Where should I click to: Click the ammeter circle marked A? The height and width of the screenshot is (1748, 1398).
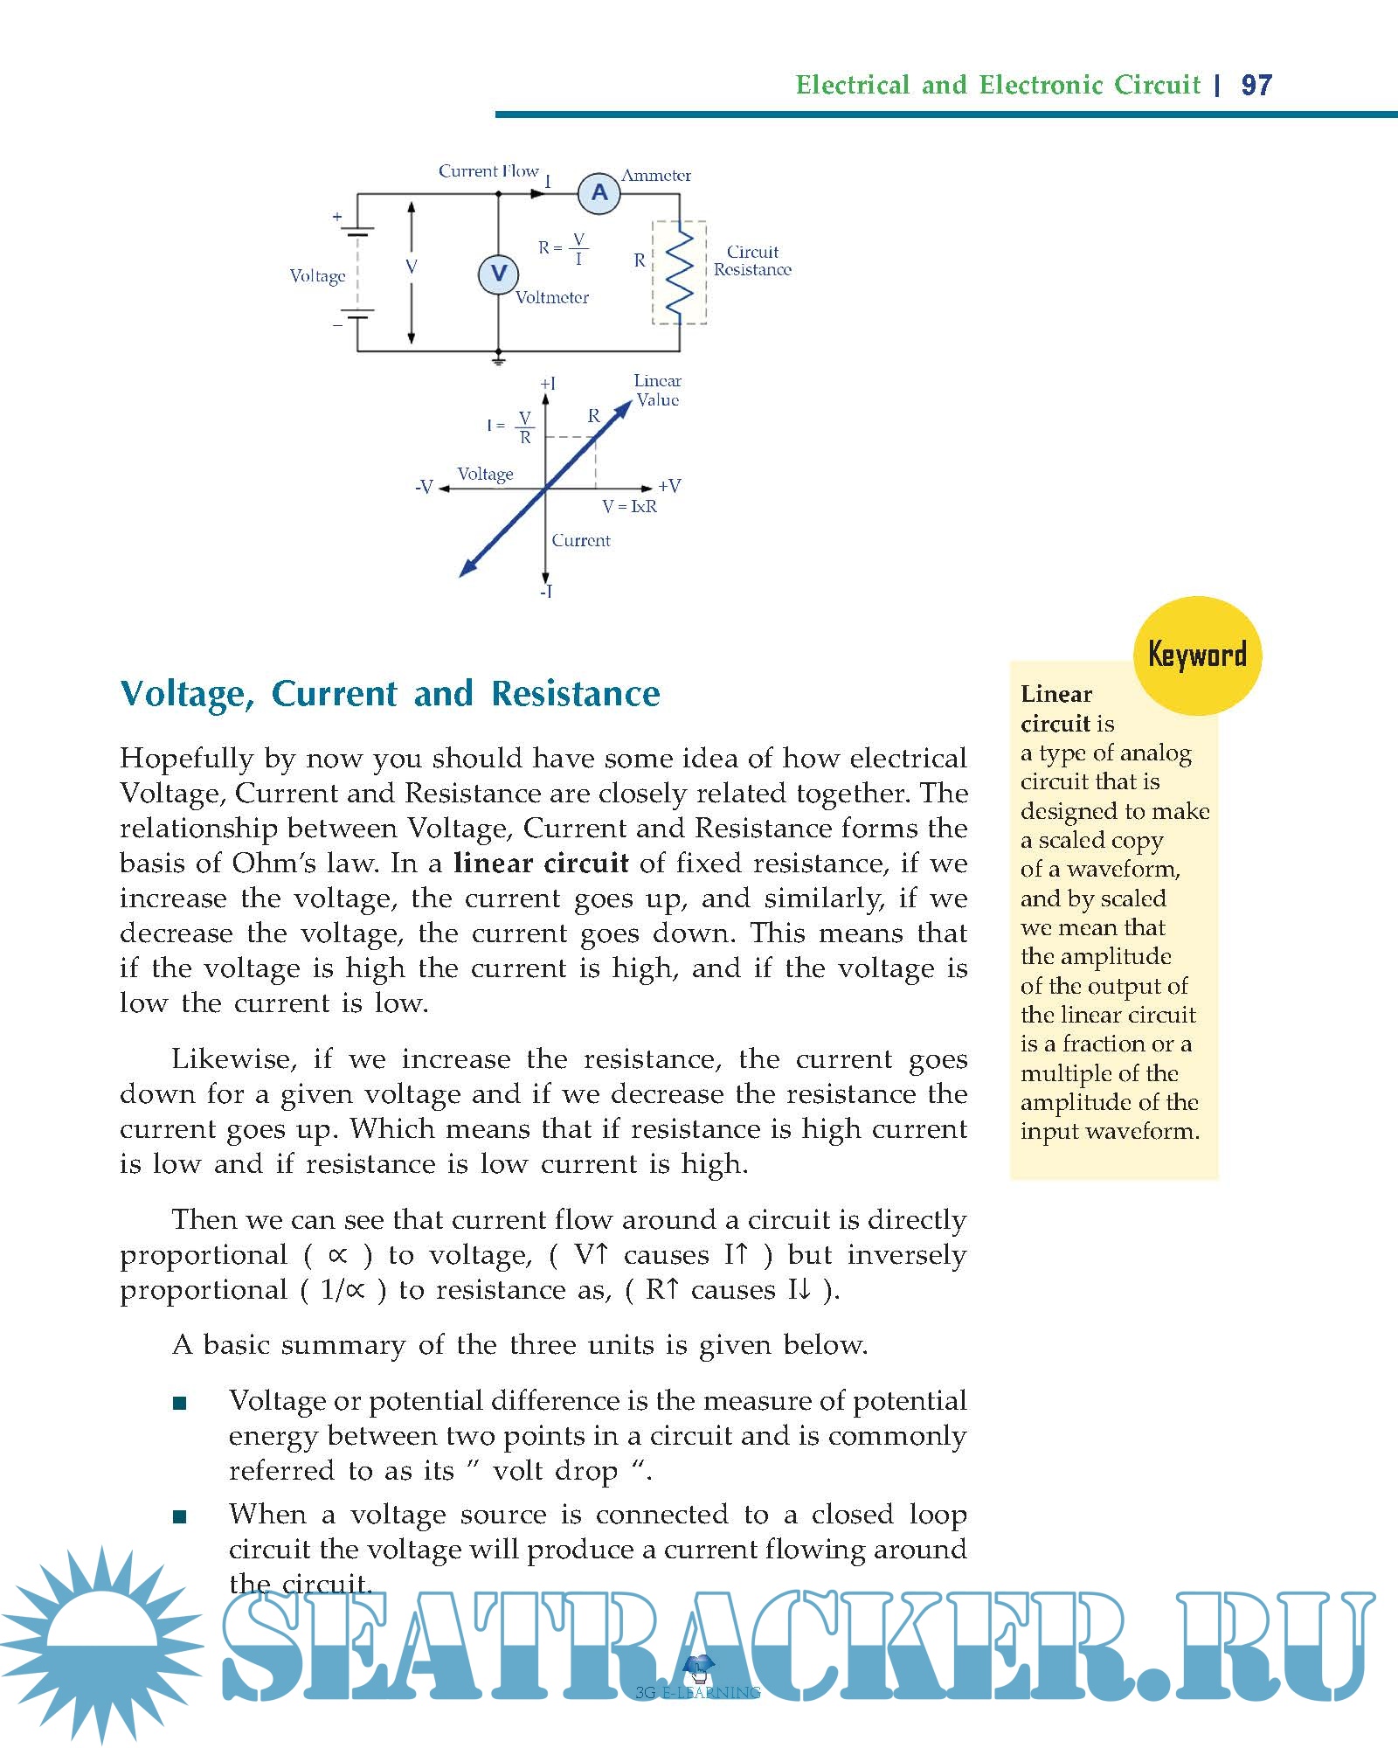pyautogui.click(x=599, y=193)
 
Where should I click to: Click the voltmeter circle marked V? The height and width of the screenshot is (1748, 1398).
pyautogui.click(x=498, y=274)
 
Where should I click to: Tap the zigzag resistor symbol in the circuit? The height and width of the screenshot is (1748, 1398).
pyautogui.click(x=680, y=272)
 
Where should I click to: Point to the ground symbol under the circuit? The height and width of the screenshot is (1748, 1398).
pyautogui.click(x=498, y=358)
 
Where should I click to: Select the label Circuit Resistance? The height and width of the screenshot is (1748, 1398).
pyautogui.click(x=752, y=260)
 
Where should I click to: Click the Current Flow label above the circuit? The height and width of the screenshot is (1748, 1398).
pyautogui.click(x=488, y=171)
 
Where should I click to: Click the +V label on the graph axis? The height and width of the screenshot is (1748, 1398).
pyautogui.click(x=669, y=486)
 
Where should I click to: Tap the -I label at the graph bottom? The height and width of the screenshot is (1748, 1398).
pyautogui.click(x=546, y=593)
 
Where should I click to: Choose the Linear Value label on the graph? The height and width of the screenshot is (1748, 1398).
pyautogui.click(x=657, y=391)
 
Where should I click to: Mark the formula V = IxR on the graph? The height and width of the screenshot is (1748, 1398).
pyautogui.click(x=629, y=507)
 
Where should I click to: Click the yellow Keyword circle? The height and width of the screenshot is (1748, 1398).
pyautogui.click(x=1197, y=655)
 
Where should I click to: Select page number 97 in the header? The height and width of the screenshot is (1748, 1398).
pyautogui.click(x=1256, y=85)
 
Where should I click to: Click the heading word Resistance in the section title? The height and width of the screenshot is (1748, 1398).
pyautogui.click(x=576, y=694)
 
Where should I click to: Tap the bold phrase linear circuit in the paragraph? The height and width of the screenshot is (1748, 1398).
pyautogui.click(x=541, y=864)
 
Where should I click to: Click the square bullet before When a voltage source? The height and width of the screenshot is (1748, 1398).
pyautogui.click(x=180, y=1517)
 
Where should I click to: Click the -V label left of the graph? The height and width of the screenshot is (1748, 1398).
pyautogui.click(x=425, y=487)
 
